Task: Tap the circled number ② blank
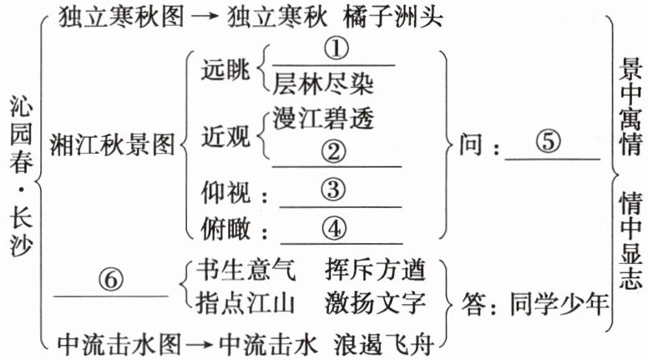point(332,153)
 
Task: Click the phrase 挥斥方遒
point(377,270)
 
